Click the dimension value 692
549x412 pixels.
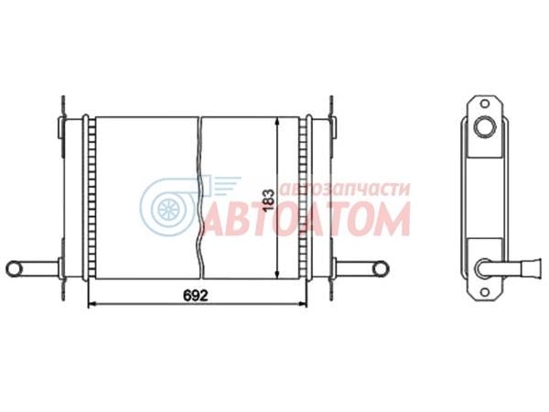tap(196, 296)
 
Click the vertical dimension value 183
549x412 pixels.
tap(268, 200)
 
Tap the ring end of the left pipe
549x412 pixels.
tap(14, 269)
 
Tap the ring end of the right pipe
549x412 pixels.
tap(381, 269)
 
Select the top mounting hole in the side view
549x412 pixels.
tap(485, 103)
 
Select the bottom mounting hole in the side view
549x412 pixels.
tap(485, 292)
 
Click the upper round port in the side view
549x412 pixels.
tap(485, 126)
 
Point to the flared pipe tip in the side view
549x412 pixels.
tap(532, 268)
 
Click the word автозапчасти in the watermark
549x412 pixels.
tap(345, 190)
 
